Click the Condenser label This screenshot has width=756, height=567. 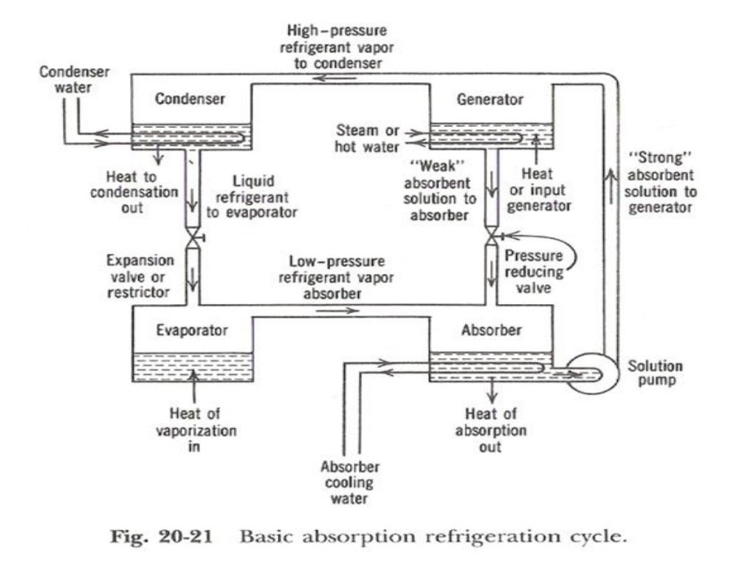point(190,100)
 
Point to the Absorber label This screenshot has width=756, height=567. point(492,329)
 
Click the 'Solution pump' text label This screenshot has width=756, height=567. point(655,374)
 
